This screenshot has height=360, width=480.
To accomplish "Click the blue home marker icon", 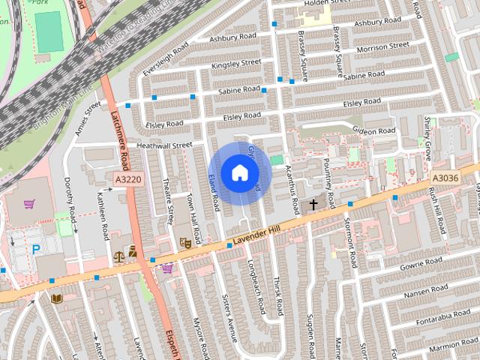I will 238,173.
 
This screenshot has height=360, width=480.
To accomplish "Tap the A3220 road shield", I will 128,180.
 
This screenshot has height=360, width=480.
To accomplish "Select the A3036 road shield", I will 445,178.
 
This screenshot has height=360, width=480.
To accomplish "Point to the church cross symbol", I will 313,204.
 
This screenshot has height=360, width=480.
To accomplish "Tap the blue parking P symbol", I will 35,248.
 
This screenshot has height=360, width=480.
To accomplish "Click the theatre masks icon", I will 184,243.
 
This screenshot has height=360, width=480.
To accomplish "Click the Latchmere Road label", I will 120,135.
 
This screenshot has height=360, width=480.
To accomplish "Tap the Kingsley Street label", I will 236,64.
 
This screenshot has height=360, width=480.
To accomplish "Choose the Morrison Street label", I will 382,48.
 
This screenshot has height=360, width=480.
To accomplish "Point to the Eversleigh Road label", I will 166,56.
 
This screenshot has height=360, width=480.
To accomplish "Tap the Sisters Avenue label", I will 226,315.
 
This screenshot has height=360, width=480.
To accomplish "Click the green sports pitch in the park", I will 49,31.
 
